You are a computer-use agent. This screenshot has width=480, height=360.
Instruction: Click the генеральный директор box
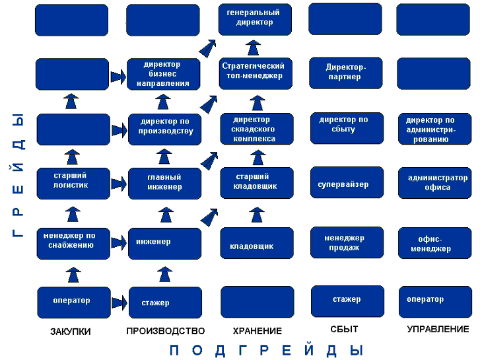point(255,19)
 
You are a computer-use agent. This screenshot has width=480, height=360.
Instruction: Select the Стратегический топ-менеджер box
point(256,73)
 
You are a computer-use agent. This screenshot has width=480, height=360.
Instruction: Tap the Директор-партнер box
point(345,73)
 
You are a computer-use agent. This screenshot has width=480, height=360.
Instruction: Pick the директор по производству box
point(164,129)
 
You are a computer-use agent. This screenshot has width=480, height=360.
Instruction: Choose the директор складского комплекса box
point(257,129)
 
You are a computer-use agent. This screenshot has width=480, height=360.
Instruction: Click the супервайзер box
point(347,182)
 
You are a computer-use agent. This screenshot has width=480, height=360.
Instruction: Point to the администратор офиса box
point(434,183)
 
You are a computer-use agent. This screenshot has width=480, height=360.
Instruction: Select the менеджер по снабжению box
point(73,244)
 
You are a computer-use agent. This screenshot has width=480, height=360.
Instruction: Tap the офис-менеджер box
point(434,243)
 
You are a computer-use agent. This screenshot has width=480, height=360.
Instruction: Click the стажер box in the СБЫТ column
point(347,301)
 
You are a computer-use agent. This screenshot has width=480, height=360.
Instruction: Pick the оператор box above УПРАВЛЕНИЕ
point(435,302)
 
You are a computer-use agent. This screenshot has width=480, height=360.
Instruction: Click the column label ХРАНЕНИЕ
point(257,331)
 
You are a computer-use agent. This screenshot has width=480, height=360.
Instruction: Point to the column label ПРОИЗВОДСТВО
point(165,331)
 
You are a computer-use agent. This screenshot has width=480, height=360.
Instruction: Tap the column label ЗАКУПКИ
point(71,332)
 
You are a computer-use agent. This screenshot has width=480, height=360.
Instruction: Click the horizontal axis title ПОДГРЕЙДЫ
point(266,350)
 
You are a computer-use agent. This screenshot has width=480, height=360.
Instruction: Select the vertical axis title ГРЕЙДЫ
point(18,176)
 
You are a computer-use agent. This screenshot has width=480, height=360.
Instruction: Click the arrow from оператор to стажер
point(119,303)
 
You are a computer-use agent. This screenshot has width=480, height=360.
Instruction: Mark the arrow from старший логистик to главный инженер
point(119,184)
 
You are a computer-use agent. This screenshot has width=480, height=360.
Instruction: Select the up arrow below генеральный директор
point(253,48)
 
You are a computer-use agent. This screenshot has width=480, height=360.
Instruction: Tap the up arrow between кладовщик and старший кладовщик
point(257,215)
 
